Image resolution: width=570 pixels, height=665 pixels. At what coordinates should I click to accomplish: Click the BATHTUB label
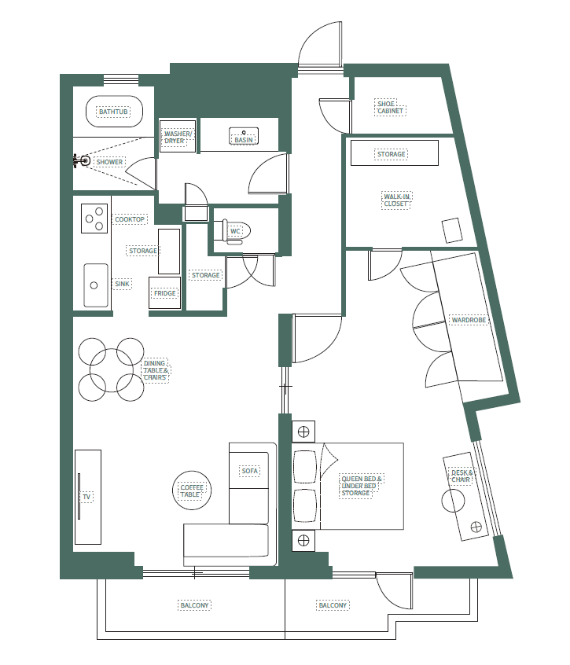click(x=113, y=112)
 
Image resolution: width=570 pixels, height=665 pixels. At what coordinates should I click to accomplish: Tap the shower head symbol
click(x=83, y=161)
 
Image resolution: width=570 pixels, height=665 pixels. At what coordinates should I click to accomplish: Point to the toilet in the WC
click(x=239, y=232)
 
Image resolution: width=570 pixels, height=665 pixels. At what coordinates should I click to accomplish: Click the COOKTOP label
click(x=130, y=219)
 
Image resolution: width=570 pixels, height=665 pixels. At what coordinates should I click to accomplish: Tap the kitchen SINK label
click(x=122, y=284)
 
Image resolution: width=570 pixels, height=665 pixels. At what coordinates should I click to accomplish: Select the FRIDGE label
click(x=165, y=293)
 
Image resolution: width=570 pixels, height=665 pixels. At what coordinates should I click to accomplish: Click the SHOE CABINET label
click(x=391, y=108)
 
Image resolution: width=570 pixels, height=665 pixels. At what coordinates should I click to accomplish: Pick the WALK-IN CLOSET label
click(x=397, y=200)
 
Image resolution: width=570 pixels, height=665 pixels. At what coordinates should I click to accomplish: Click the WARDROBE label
click(x=469, y=321)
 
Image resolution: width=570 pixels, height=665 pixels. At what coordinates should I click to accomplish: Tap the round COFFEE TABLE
click(x=192, y=490)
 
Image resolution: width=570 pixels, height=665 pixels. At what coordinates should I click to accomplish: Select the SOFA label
click(x=250, y=471)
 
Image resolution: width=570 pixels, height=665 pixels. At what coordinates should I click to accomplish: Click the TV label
click(x=87, y=498)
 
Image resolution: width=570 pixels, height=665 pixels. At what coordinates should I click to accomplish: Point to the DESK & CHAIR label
click(x=461, y=476)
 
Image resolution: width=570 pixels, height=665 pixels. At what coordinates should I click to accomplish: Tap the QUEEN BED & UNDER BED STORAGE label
click(x=362, y=486)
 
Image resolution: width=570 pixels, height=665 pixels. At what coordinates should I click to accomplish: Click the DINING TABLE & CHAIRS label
click(x=156, y=370)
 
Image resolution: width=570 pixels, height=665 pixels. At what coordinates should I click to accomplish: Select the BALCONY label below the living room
click(x=194, y=605)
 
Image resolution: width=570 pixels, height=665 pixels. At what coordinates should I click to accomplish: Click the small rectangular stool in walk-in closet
click(x=453, y=230)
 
